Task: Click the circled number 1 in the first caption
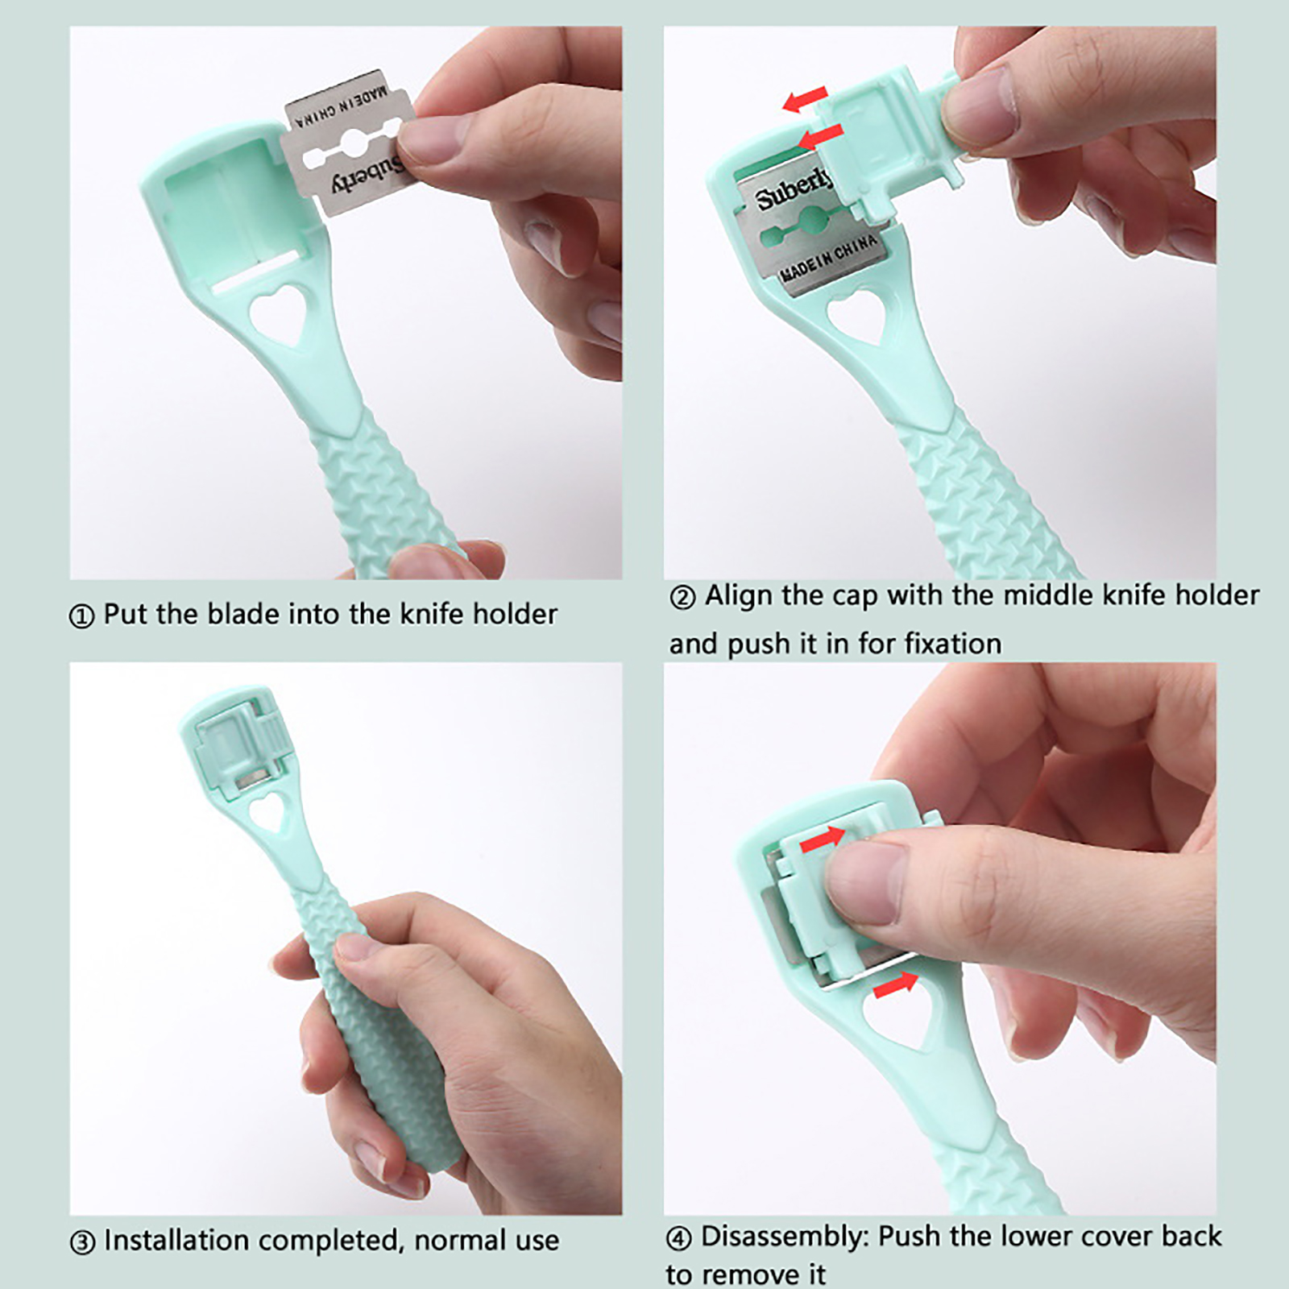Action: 81,617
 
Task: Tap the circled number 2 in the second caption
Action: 682,599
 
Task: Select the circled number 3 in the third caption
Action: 82,1242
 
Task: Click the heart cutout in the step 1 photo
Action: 280,316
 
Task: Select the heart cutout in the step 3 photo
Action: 271,811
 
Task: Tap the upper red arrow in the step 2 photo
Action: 805,100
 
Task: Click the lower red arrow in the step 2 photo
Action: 819,136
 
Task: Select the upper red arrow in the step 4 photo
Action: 823,839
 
